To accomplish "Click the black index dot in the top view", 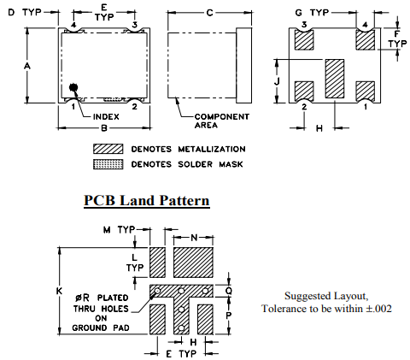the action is click(x=73, y=87).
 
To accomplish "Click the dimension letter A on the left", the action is click(x=26, y=66).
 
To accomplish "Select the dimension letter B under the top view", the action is click(x=104, y=128).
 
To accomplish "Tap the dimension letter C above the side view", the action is click(x=209, y=13).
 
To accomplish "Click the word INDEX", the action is click(x=106, y=117).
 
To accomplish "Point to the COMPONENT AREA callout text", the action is click(x=222, y=121).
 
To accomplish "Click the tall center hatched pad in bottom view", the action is click(x=335, y=79).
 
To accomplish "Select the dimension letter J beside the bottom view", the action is click(x=277, y=81).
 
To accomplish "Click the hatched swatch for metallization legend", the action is click(x=108, y=149).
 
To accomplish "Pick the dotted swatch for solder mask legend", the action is click(x=108, y=164).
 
